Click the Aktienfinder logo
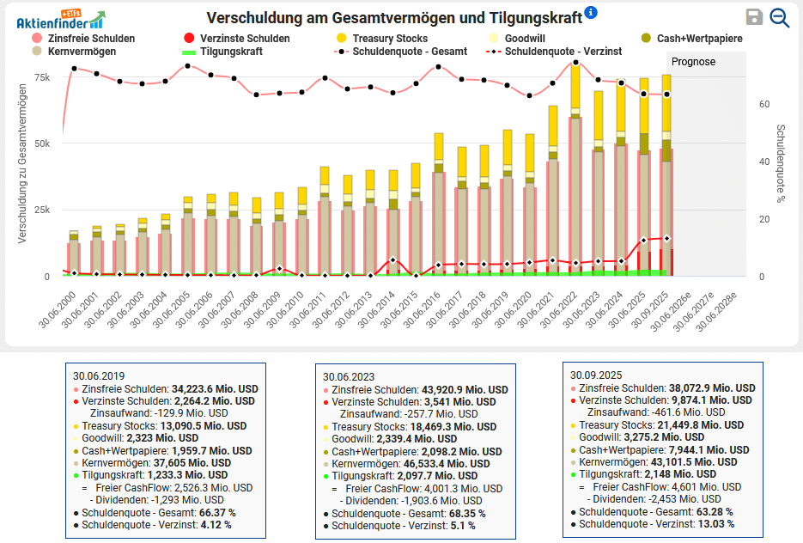(x=60, y=19)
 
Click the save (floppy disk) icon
(x=754, y=17)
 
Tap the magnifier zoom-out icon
(x=780, y=17)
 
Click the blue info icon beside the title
(x=590, y=13)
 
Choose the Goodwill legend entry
(x=523, y=39)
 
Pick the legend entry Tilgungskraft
(x=233, y=52)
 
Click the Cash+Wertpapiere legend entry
(x=699, y=39)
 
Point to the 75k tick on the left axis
(x=41, y=77)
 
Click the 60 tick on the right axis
(x=763, y=104)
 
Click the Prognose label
(x=693, y=62)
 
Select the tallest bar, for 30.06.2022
(x=575, y=172)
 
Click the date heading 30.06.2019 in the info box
(x=100, y=375)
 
